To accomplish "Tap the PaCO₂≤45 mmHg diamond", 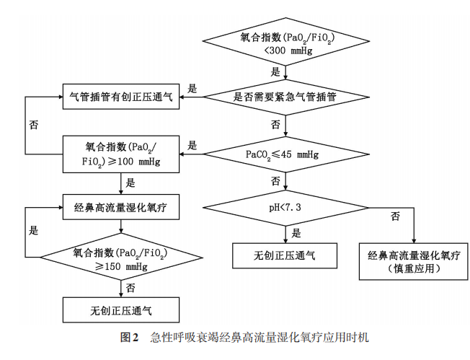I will point(287,154).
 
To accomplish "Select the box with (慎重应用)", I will point(414,261).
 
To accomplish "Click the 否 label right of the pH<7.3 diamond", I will point(395,216).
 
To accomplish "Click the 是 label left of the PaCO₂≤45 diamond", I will point(192,145).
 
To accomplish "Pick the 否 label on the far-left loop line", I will point(33,124).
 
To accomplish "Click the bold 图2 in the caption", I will point(130,338).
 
